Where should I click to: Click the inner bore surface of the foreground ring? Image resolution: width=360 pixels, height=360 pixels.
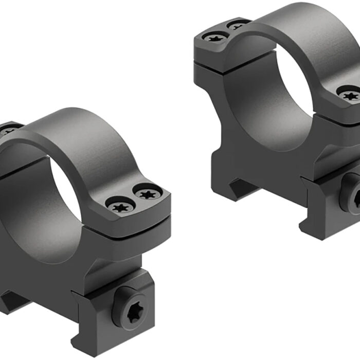(x=31, y=206)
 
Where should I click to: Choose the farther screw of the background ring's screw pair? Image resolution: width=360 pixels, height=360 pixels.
(x=238, y=24)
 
